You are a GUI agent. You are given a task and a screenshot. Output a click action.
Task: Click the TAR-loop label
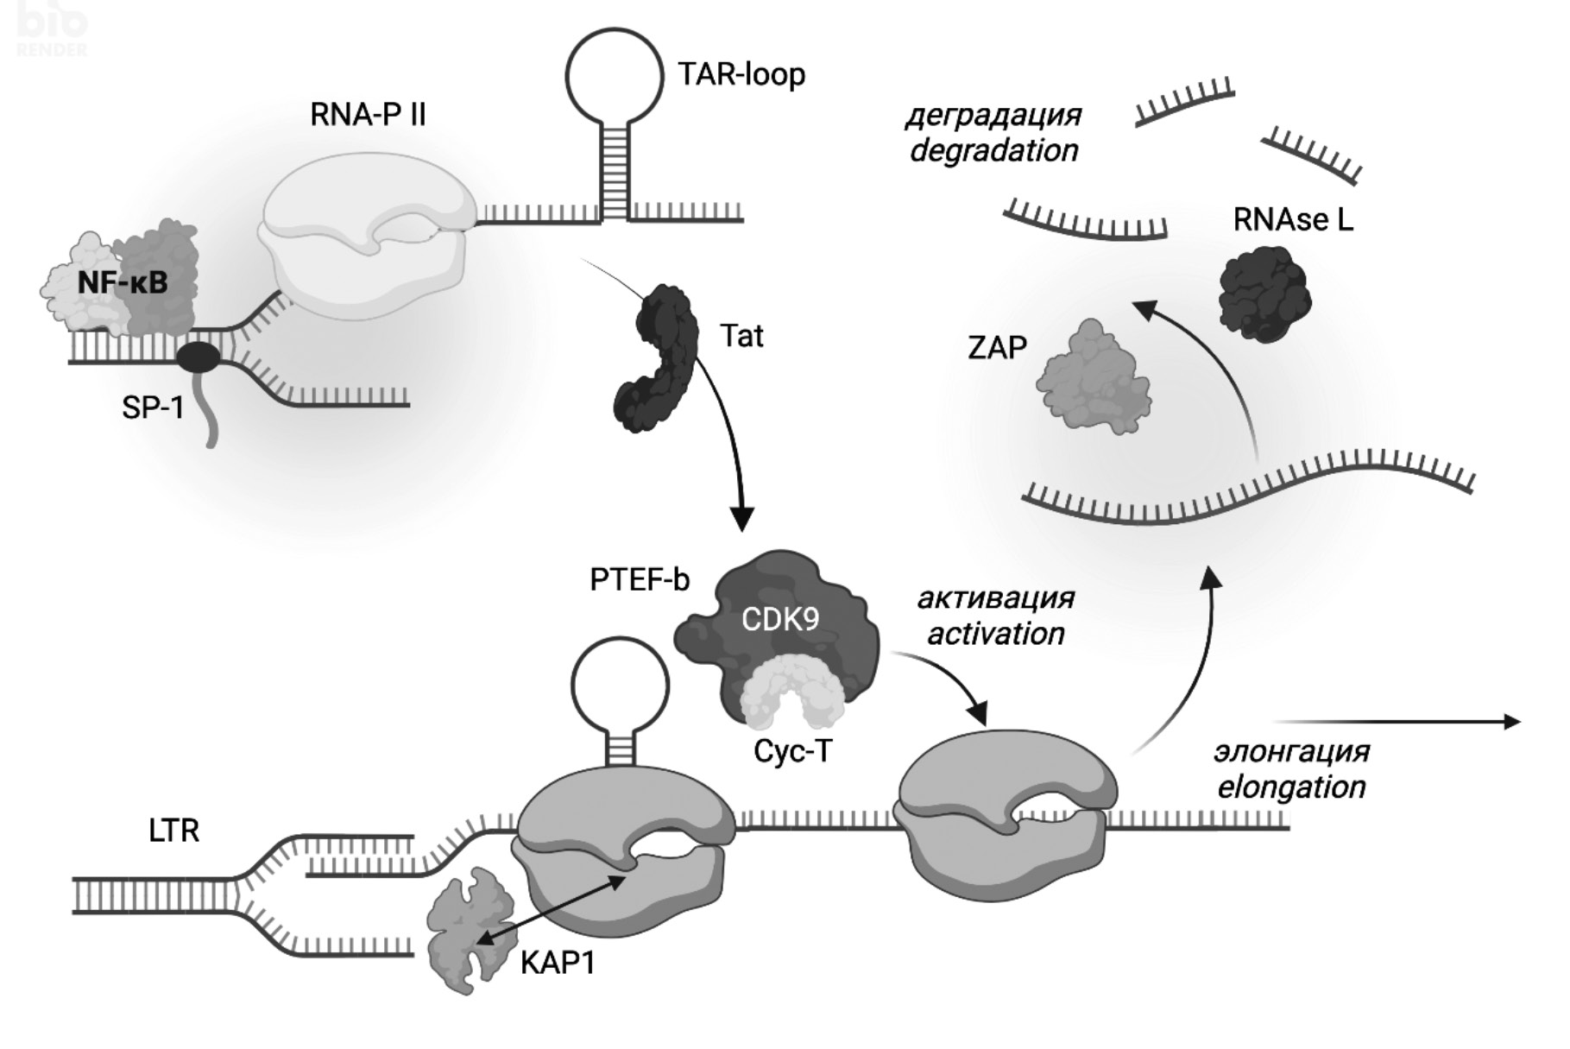tap(741, 75)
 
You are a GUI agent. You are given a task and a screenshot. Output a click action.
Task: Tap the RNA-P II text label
tap(368, 115)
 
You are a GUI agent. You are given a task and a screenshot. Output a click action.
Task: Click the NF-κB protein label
tap(123, 282)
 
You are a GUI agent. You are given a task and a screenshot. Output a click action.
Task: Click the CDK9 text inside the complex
tap(779, 619)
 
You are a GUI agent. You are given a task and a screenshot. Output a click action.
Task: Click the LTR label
tap(173, 831)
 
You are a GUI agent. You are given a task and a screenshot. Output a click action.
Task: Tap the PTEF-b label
tap(639, 580)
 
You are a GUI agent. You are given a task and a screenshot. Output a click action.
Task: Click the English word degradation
tap(994, 151)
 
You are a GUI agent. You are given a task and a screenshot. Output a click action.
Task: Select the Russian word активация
tap(995, 597)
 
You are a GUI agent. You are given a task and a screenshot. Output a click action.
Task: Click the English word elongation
tap(1291, 787)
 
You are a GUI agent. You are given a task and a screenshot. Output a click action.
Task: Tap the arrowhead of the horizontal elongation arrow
tap(1511, 722)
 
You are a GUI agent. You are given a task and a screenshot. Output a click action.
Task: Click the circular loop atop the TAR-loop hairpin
tap(615, 76)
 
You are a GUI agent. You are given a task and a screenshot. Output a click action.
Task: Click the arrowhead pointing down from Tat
tap(741, 519)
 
